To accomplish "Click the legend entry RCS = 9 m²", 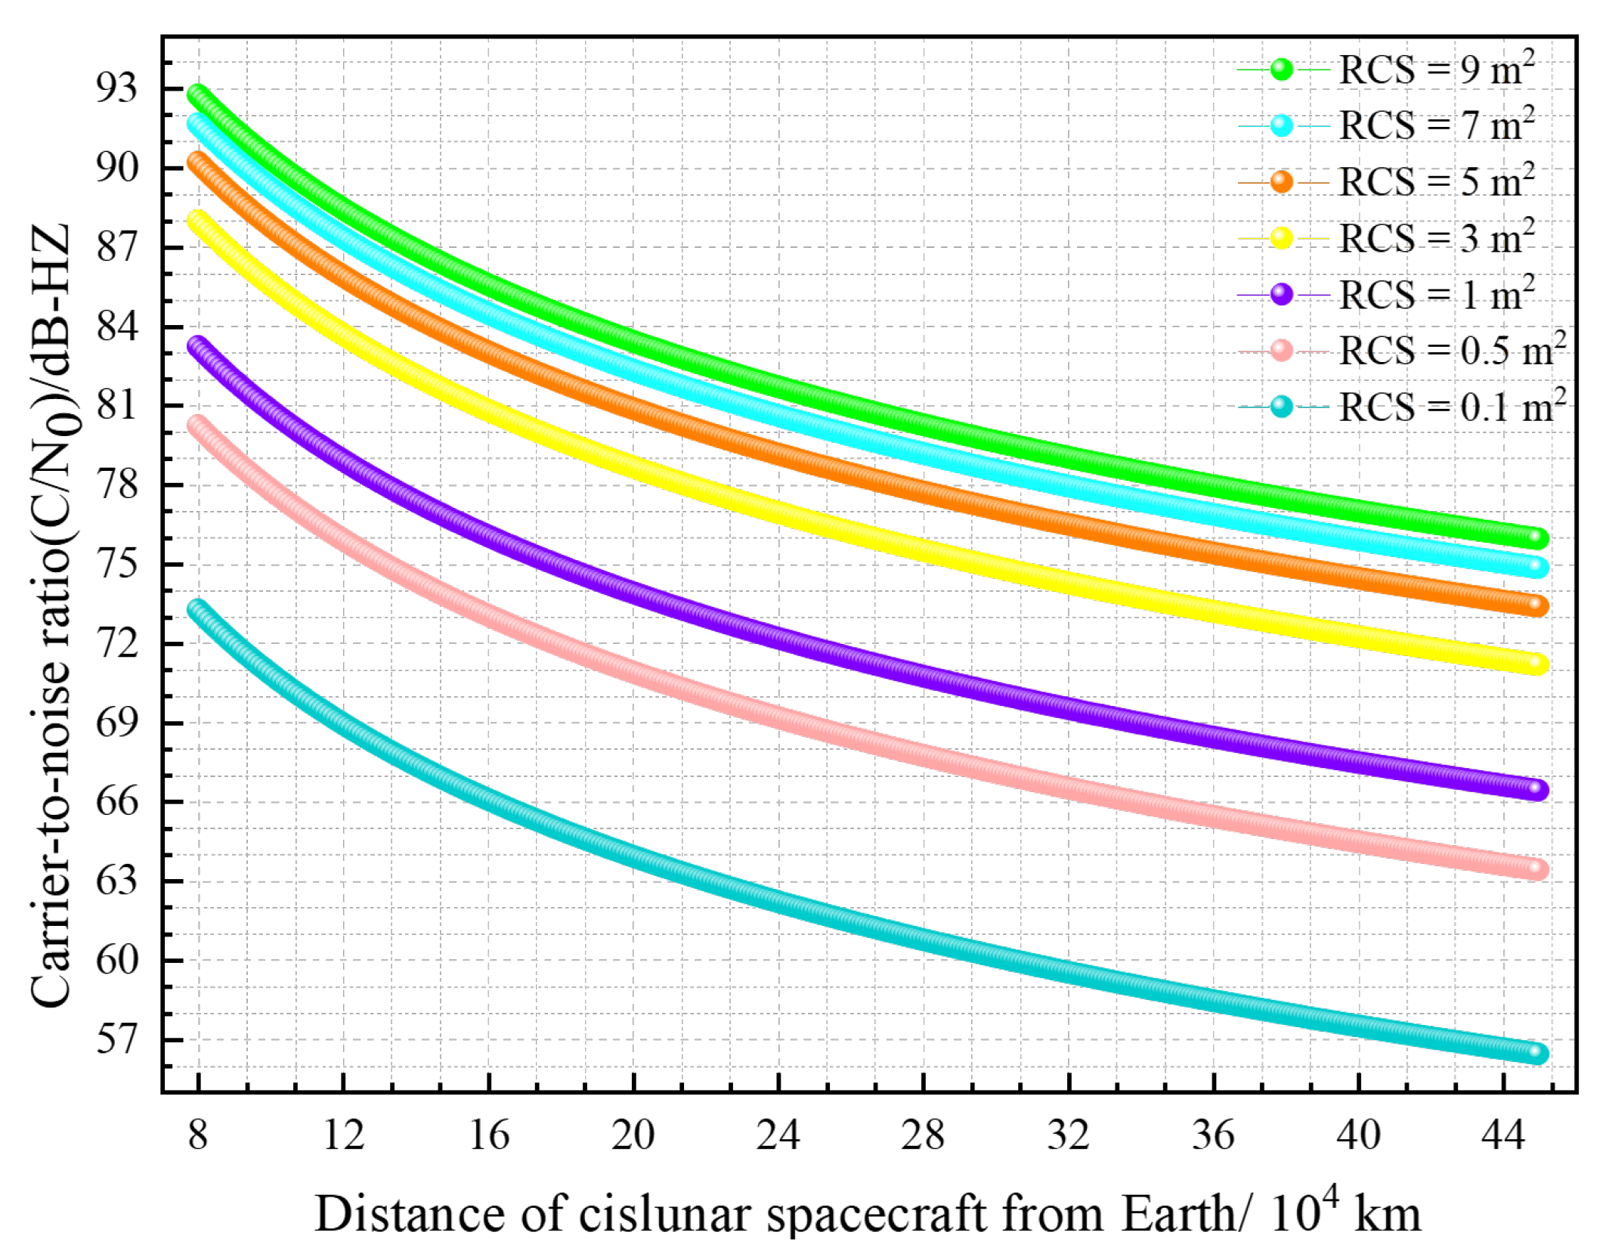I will [1436, 70].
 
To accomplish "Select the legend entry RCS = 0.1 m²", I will [1451, 407].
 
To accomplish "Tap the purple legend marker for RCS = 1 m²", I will [1282, 294].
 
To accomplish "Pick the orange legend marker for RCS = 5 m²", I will [1282, 181].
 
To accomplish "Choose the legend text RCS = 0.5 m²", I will [1451, 351].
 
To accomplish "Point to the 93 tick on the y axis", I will [117, 88].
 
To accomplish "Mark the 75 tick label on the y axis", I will [117, 564].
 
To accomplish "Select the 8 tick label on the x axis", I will [198, 1135].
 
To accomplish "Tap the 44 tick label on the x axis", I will [1503, 1135].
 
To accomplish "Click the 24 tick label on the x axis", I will [778, 1135].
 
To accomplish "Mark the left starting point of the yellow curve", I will [197, 220].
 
